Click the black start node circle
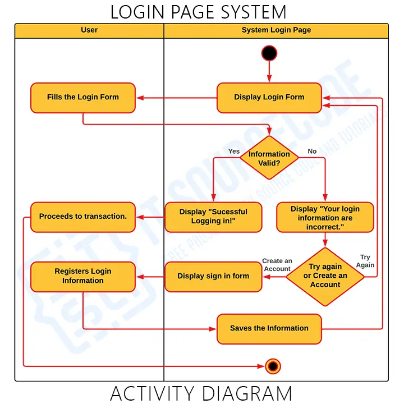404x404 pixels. (x=269, y=53)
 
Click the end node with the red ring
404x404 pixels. (x=273, y=366)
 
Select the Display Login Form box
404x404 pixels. (x=269, y=98)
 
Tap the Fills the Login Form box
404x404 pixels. (x=83, y=98)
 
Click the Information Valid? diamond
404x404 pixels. (x=269, y=158)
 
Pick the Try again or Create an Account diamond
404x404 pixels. (x=325, y=276)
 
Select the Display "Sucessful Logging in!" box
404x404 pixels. (x=213, y=217)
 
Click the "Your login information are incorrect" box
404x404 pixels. (x=325, y=217)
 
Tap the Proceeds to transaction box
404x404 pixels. (x=83, y=217)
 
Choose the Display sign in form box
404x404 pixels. (x=213, y=276)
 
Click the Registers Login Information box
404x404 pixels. (x=83, y=276)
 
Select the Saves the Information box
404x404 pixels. (x=269, y=328)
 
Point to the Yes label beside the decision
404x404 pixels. (x=234, y=151)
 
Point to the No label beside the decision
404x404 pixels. (x=312, y=151)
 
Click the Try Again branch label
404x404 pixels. (x=365, y=261)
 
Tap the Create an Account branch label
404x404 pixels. (x=277, y=265)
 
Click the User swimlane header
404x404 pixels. (x=89, y=30)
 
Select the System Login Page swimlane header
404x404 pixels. (x=276, y=30)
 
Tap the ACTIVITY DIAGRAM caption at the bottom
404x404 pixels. (x=201, y=393)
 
